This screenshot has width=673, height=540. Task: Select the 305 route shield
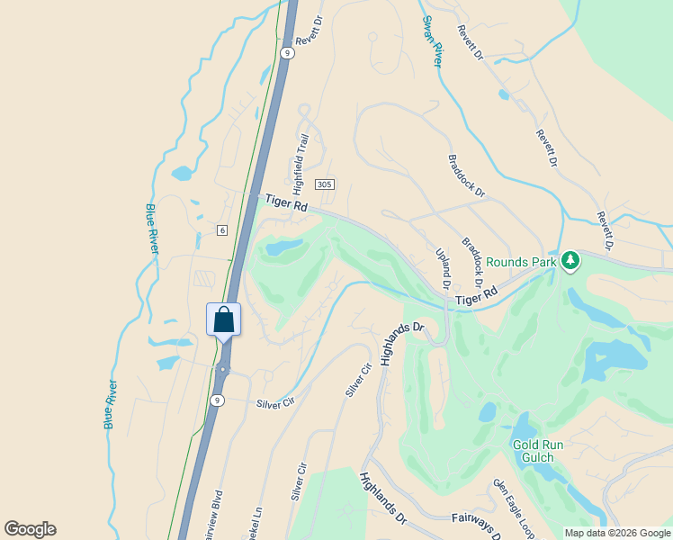(x=325, y=184)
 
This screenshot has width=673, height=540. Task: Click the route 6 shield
(x=221, y=230)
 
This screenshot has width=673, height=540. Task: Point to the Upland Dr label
(x=443, y=268)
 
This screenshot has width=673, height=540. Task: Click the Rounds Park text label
(x=521, y=262)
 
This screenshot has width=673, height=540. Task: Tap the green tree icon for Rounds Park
(x=570, y=261)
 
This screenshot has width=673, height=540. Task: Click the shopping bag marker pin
(x=223, y=319)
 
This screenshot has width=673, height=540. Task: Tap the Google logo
(x=30, y=529)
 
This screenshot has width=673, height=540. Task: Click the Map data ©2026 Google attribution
(x=617, y=533)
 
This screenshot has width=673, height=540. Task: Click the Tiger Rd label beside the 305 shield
(x=287, y=204)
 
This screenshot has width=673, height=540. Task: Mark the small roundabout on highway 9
(x=221, y=369)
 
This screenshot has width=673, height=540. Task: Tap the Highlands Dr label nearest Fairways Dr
(x=383, y=500)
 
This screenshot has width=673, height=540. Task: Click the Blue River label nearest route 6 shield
(x=151, y=229)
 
